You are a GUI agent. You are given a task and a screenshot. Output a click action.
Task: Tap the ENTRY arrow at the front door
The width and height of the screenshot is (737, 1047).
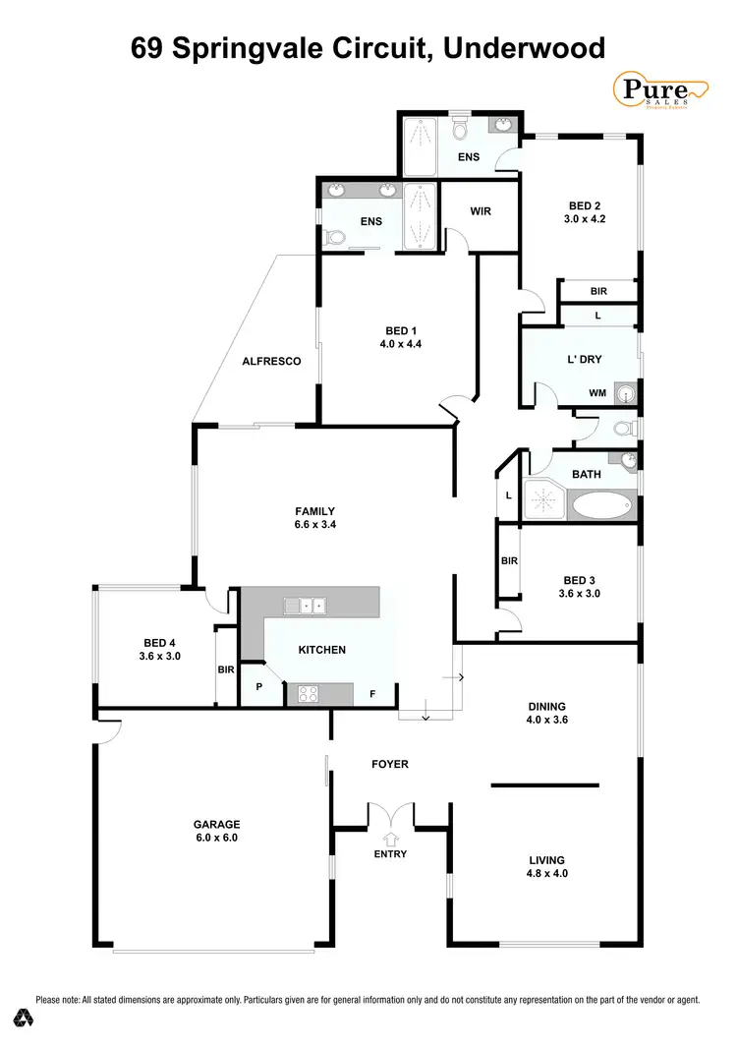[391, 839]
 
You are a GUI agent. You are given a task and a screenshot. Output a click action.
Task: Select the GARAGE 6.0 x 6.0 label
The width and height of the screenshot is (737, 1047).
[217, 832]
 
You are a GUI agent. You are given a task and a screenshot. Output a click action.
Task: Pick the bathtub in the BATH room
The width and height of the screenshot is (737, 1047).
[602, 506]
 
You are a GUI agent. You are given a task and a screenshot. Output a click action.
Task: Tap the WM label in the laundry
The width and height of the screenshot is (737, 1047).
[597, 393]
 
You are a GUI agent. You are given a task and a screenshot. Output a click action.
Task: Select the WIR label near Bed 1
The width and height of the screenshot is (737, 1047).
[481, 211]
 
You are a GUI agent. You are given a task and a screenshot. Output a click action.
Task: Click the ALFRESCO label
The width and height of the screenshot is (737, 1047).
[271, 362]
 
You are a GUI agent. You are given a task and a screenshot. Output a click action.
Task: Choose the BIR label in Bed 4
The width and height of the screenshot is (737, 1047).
[226, 669]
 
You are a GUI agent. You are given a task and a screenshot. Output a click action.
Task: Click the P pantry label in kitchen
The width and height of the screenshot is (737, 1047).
[259, 687]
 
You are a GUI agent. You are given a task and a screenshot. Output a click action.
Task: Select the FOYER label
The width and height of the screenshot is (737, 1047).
[390, 764]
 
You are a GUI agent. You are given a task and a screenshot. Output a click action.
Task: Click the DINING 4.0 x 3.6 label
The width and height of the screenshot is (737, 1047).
[547, 713]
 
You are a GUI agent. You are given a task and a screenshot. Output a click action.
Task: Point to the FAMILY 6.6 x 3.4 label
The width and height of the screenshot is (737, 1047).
[315, 518]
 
